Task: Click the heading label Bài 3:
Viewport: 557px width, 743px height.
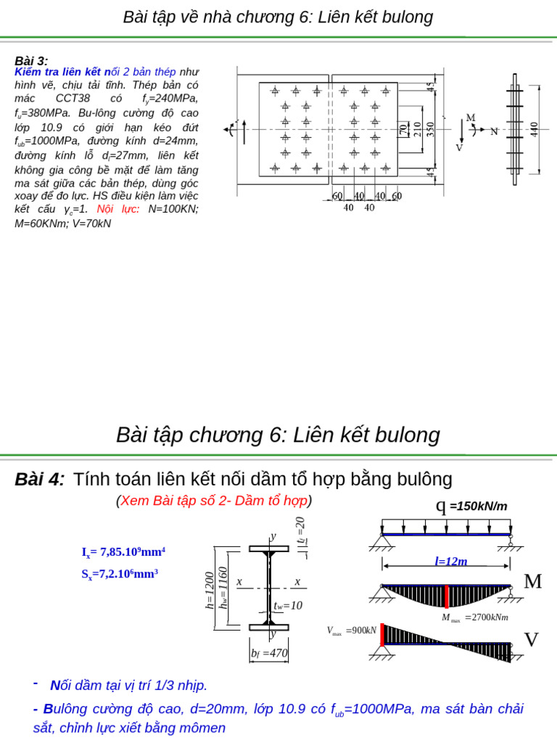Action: (31, 61)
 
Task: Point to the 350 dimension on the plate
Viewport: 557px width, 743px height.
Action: (431, 129)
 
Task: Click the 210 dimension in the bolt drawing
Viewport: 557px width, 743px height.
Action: (417, 129)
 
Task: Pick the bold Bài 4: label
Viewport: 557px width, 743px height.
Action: (40, 479)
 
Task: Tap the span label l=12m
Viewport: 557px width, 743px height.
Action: (450, 561)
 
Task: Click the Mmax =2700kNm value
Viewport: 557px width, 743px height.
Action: (475, 617)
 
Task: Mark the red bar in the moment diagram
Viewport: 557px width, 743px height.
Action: (447, 596)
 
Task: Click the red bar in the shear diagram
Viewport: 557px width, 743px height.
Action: (382, 634)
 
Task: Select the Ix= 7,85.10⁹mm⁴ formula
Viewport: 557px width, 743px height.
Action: (123, 552)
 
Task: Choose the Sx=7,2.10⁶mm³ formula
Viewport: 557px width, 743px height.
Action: (120, 574)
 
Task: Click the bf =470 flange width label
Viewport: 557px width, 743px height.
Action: (269, 653)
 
